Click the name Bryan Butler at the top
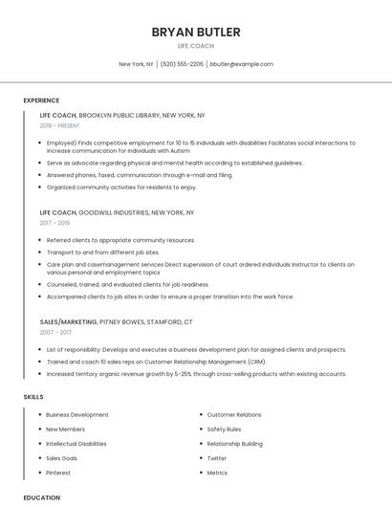(x=196, y=33)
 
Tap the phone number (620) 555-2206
(x=182, y=64)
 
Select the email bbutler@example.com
(x=241, y=64)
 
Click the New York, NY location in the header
(x=136, y=64)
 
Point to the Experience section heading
(x=41, y=100)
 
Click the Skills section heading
(x=33, y=396)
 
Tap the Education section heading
(x=41, y=497)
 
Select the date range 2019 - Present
(x=60, y=125)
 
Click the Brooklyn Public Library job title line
(x=122, y=115)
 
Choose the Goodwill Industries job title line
(x=117, y=212)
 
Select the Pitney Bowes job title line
(x=116, y=321)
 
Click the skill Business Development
(x=77, y=415)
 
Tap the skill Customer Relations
(x=234, y=415)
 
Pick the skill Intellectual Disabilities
(x=76, y=444)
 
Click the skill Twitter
(x=217, y=458)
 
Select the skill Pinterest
(x=58, y=473)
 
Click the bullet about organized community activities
(x=120, y=187)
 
